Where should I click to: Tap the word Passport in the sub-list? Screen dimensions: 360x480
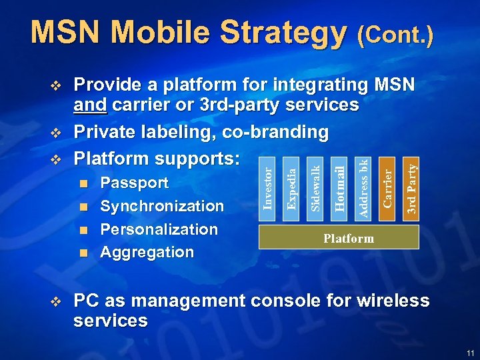click(x=134, y=183)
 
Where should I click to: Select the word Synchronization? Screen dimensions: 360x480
click(x=162, y=206)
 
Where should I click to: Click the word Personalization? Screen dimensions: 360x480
click(x=159, y=229)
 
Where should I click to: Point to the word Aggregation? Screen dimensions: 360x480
click(x=147, y=253)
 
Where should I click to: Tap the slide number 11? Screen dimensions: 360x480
click(x=471, y=353)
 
